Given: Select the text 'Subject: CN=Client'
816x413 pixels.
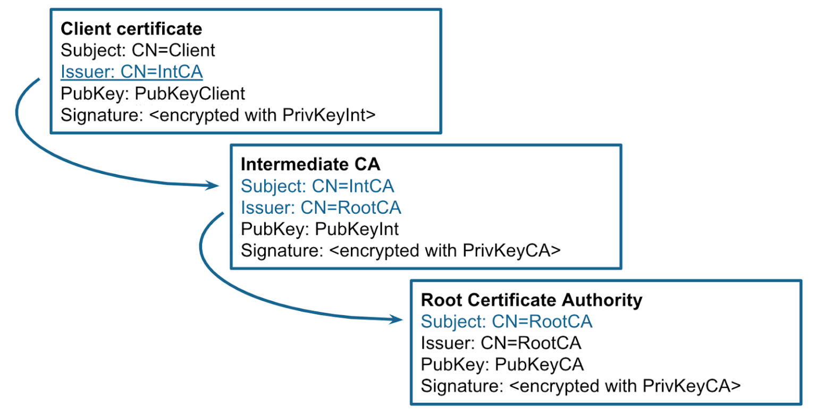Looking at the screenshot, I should [x=138, y=50].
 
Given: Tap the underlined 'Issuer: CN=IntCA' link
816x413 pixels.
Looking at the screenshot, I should [x=132, y=72].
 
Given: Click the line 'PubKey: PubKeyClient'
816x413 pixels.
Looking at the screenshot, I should [x=153, y=94].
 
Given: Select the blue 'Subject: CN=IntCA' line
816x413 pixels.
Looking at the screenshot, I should [x=317, y=186].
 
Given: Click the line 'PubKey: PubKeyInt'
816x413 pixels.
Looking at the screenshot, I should [x=319, y=229].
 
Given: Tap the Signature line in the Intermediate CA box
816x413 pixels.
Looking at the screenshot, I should [x=400, y=250].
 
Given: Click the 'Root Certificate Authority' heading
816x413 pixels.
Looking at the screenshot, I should [x=532, y=300].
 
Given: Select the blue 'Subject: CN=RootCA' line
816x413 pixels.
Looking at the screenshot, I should [x=507, y=322].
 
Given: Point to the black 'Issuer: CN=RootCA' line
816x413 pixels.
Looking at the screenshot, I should [x=501, y=343].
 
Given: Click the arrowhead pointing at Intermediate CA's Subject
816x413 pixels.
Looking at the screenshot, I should [x=213, y=186].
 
